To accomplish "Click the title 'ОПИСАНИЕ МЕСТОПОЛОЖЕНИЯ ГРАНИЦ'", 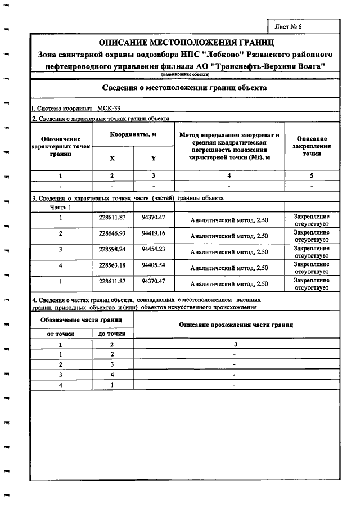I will (186, 43).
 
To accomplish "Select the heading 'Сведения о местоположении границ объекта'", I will (185, 88).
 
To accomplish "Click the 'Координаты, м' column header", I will (133, 135).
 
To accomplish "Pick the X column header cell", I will (112, 158).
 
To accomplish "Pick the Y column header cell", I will (153, 158).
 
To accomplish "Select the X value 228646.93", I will (112, 233).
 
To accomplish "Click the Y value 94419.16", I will (153, 233).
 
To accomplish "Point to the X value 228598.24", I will (112, 249).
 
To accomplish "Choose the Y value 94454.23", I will (153, 249).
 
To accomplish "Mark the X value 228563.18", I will (112, 265).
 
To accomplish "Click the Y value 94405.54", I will (153, 265).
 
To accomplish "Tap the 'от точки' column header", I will (60, 334).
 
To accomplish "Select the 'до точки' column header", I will (112, 334).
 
